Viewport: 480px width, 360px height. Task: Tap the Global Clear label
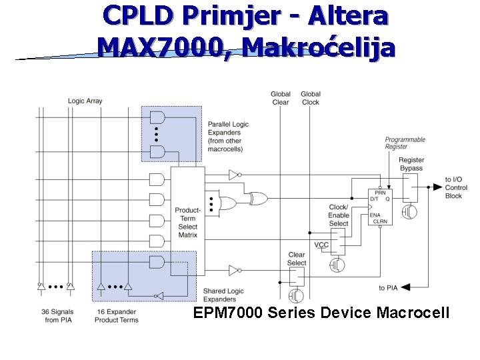[x=281, y=98]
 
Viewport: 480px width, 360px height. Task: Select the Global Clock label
[x=311, y=98]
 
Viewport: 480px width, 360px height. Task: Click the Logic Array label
[x=85, y=101]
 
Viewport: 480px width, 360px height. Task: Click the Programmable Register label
[x=405, y=143]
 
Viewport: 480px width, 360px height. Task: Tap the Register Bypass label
[x=411, y=164]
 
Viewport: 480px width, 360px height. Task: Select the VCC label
[x=321, y=245]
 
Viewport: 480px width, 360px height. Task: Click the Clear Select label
[x=297, y=259]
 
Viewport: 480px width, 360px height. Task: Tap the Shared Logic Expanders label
[x=223, y=295]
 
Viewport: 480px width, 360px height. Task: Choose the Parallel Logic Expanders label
[x=228, y=137]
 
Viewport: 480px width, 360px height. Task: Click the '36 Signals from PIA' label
[x=57, y=316]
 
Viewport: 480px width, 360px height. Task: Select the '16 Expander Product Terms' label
[x=118, y=316]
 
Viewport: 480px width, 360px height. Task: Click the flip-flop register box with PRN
[x=379, y=206]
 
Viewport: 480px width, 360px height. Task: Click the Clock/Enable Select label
[x=339, y=215]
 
